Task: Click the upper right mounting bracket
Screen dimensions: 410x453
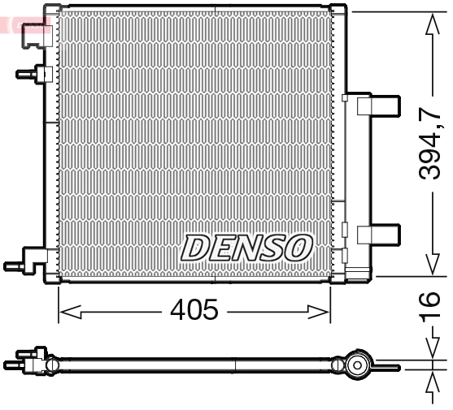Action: coord(377,106)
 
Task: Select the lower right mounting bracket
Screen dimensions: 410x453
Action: coord(378,235)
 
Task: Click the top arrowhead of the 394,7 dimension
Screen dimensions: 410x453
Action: coord(432,18)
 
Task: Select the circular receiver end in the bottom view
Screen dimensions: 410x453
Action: coord(356,366)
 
